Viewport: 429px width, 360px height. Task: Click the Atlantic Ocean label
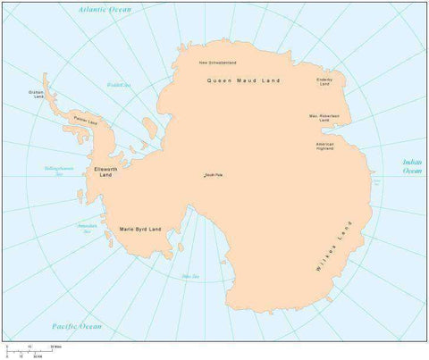105,9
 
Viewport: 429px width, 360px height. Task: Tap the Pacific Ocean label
76,326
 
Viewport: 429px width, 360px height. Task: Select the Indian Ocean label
412,165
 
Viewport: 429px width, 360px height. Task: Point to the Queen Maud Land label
243,80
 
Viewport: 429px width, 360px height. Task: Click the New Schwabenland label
217,63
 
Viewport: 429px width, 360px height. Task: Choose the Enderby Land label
324,81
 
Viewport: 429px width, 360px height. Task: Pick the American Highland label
325,145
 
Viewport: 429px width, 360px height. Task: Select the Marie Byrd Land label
140,230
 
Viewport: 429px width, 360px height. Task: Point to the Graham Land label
37,94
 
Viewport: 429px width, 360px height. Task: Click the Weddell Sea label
119,85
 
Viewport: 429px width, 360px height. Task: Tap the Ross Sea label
190,276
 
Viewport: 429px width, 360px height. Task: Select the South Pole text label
214,174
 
